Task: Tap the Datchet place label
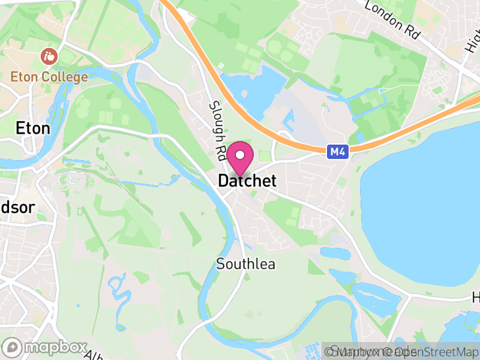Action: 247,181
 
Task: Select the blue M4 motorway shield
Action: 338,152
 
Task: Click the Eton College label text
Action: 49,77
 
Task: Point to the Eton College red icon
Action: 48,58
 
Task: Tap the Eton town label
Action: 32,128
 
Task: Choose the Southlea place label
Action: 245,264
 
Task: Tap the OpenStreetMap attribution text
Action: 432,352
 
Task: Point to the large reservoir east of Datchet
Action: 426,210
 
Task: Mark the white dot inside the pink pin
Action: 240,155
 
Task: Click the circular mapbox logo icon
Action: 12,347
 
